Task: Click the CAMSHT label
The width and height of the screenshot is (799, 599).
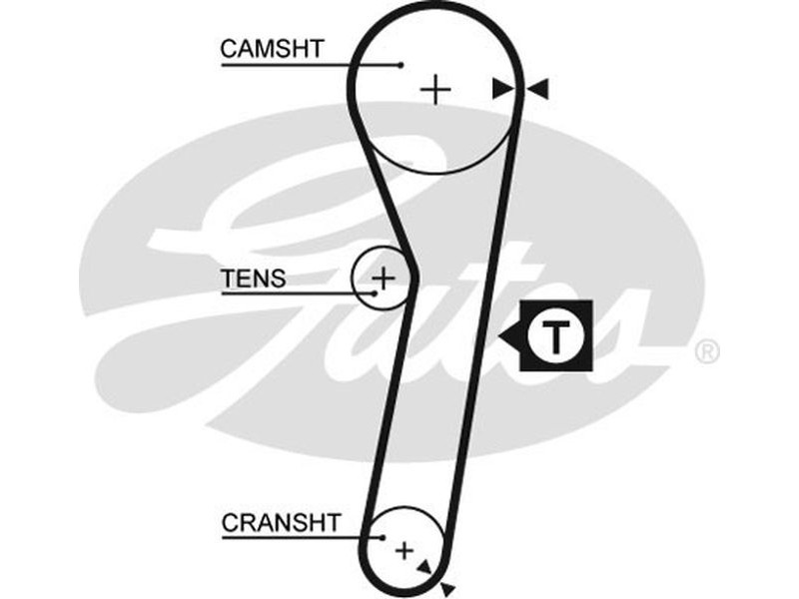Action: [273, 49]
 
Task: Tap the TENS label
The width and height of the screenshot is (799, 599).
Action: [253, 279]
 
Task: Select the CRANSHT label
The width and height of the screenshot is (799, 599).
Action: [282, 522]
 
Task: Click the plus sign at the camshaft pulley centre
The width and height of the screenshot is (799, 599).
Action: [435, 90]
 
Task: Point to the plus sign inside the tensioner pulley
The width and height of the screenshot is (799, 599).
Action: [385, 276]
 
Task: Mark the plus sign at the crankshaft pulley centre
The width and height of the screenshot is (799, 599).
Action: [403, 549]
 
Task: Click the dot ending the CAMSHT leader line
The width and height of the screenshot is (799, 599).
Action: [400, 65]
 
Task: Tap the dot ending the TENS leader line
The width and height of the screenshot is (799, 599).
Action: [375, 294]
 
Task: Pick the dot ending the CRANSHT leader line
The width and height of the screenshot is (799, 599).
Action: [384, 537]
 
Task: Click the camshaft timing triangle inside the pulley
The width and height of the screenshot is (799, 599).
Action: [502, 90]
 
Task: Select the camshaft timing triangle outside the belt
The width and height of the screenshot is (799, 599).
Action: [538, 90]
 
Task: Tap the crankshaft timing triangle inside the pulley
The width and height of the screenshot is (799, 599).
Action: [425, 567]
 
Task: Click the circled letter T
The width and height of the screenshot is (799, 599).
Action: [552, 335]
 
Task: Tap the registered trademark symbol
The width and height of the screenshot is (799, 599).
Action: [706, 352]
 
